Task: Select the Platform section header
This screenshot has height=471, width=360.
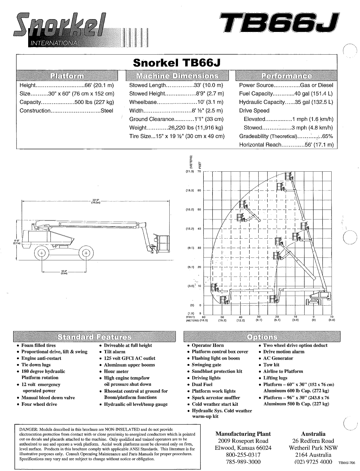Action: tap(67, 76)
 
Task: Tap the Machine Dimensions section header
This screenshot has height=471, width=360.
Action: tap(178, 76)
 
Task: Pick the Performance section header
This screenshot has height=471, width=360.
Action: tap(286, 76)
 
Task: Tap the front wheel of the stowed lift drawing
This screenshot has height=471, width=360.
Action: tap(86, 253)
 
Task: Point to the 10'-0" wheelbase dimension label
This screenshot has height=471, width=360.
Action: tap(64, 272)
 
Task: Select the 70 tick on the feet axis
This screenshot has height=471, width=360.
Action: tap(199, 172)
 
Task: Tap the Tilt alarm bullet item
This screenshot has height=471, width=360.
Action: tap(114, 352)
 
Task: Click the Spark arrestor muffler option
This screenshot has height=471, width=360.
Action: tap(216, 398)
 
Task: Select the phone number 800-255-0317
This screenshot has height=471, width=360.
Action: tap(243, 455)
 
